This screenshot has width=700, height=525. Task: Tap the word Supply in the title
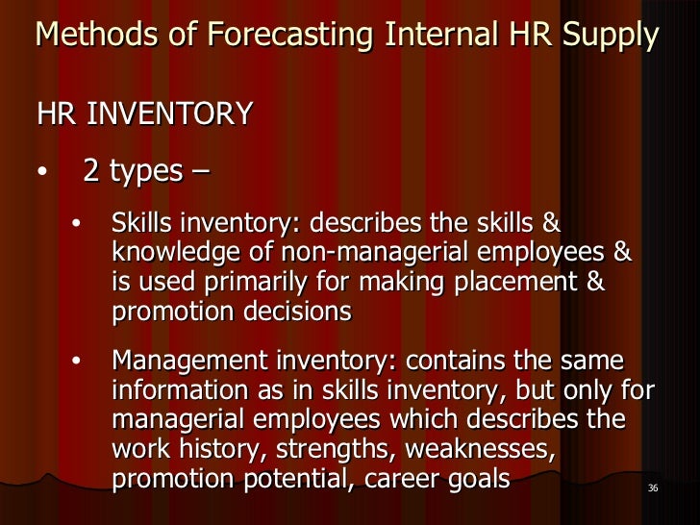tap(613, 37)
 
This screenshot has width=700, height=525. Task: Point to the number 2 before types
tap(90, 172)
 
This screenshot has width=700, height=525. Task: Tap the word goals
tap(475, 478)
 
